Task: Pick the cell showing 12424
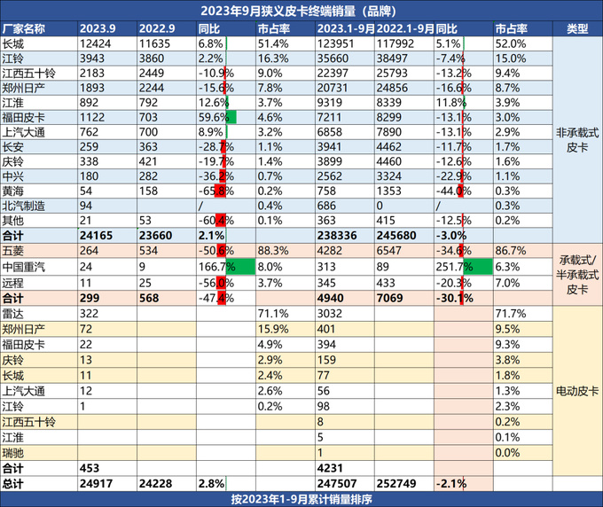click(x=95, y=43)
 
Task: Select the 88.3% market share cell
click(x=270, y=251)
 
